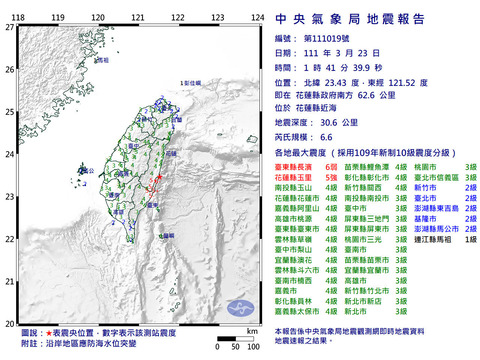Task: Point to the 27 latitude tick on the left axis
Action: [x=10, y=27]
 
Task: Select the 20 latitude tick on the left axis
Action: [x=10, y=325]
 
